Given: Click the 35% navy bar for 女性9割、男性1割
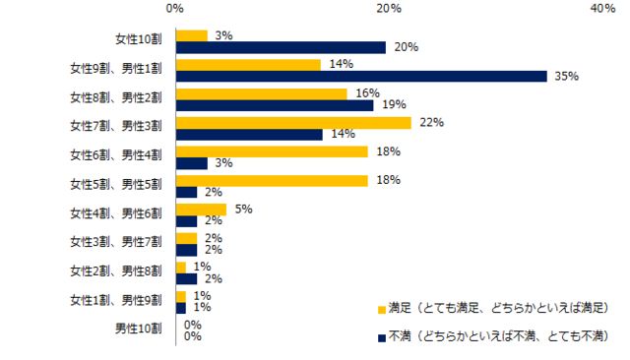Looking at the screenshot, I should click(361, 77).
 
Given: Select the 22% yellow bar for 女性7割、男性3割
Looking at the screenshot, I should click(293, 123).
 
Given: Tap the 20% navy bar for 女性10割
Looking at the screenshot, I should click(281, 47).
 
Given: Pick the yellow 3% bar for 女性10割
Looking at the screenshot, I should click(191, 35).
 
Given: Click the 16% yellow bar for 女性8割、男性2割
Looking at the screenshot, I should click(261, 93).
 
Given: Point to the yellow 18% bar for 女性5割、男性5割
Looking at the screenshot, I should click(272, 180).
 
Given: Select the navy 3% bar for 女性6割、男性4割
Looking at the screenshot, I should click(191, 163).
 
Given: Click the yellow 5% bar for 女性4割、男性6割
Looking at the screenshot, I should click(201, 209).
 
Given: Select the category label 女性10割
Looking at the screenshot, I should click(138, 41).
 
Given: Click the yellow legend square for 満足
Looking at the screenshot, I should click(381, 308).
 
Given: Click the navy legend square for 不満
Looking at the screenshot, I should click(381, 336).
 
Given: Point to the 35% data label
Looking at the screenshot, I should click(566, 77).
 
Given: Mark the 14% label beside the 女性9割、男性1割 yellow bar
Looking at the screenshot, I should click(341, 65).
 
